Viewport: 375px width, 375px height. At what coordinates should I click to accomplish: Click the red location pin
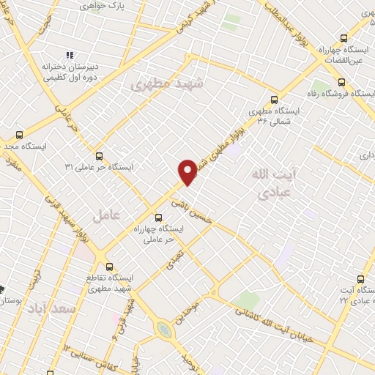click(187, 171)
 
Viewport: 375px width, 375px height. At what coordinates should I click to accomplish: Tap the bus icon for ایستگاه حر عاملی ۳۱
click(100, 155)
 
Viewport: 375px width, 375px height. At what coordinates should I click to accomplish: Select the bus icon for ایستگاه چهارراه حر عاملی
click(159, 217)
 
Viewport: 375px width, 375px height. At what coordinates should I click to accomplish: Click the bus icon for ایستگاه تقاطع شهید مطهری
click(109, 267)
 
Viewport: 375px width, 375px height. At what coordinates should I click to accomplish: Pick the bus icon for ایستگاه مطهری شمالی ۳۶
click(275, 100)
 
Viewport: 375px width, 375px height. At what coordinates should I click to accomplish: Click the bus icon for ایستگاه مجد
click(19, 135)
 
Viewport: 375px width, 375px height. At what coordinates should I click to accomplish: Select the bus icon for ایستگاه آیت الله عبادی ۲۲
click(360, 279)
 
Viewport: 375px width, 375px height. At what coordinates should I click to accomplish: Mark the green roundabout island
click(166, 329)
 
